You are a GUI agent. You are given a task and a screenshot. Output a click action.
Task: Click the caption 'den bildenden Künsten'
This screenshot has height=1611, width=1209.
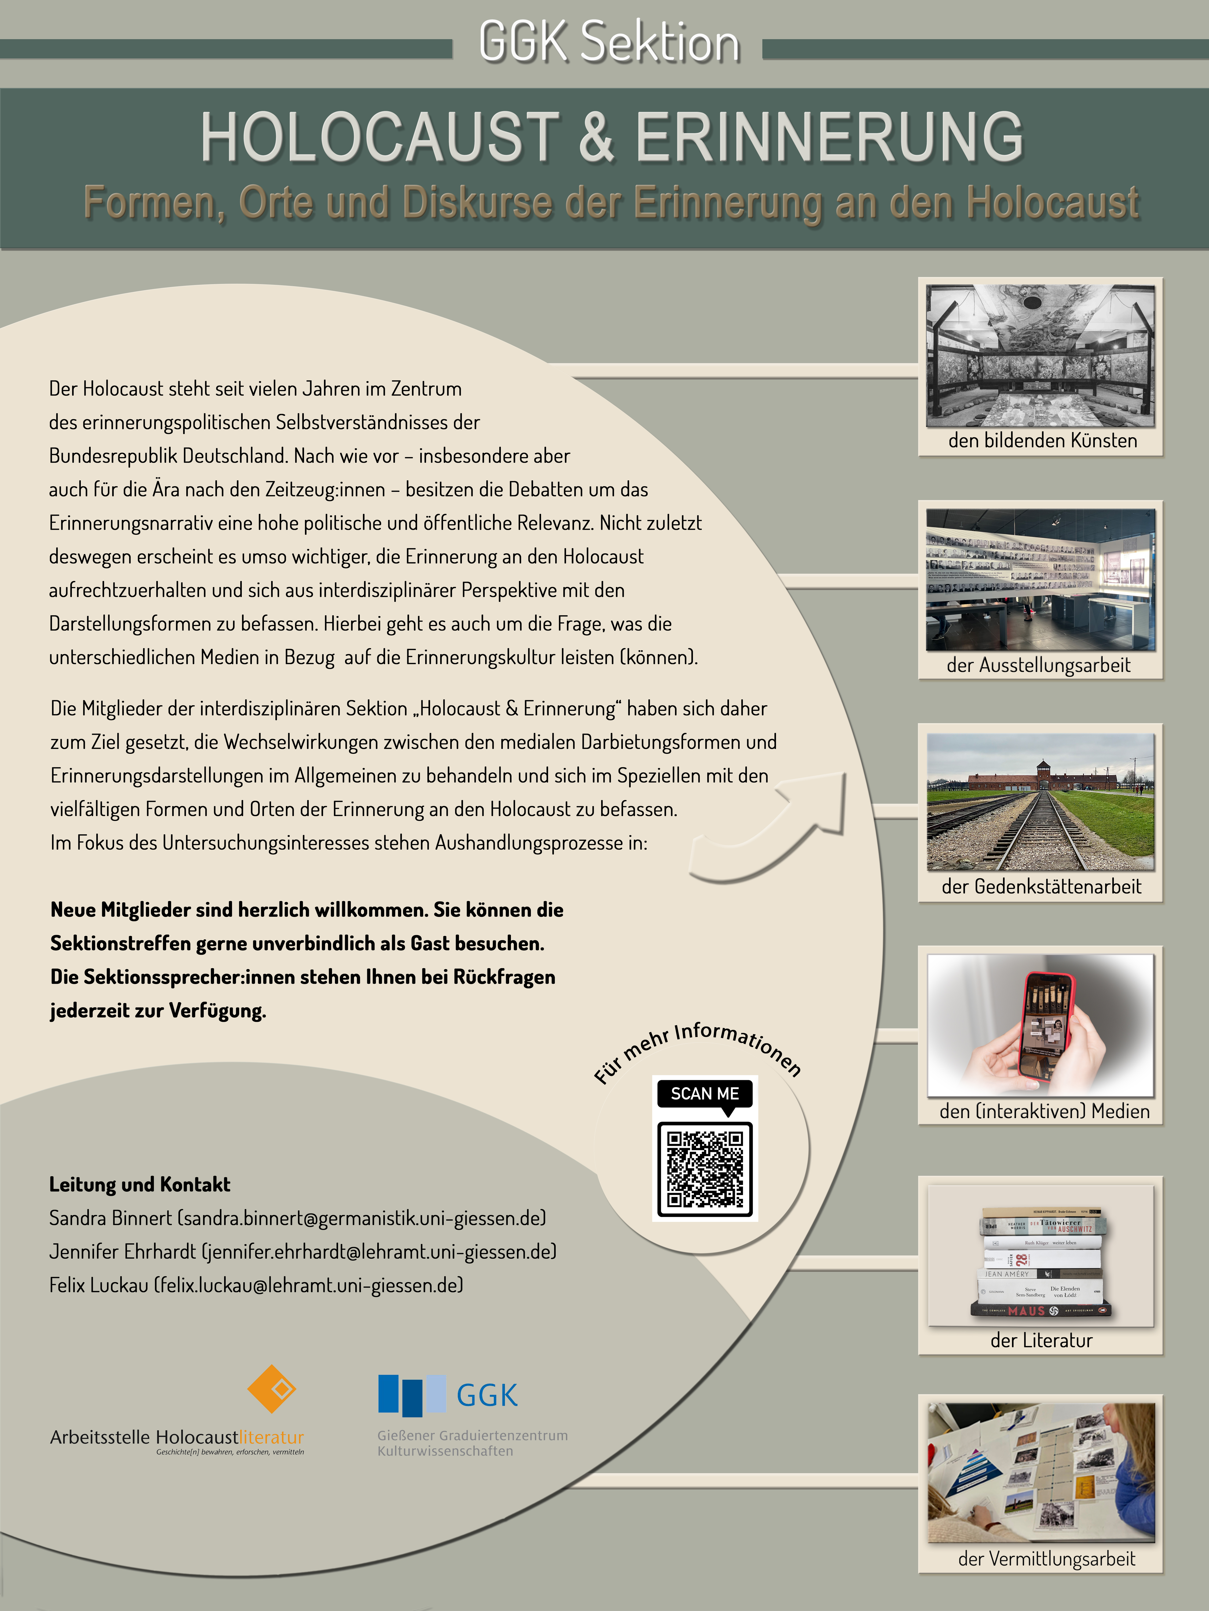[x=1042, y=441]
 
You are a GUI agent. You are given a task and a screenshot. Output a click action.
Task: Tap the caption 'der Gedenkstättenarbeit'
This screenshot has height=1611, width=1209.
[x=1041, y=886]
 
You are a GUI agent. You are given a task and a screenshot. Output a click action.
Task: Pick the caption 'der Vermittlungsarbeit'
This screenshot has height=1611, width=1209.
[x=1046, y=1559]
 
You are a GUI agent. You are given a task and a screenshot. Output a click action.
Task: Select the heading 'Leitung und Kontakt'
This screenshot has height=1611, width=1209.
[x=140, y=1184]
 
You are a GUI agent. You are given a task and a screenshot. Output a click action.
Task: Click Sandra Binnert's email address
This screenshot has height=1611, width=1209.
[x=362, y=1218]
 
